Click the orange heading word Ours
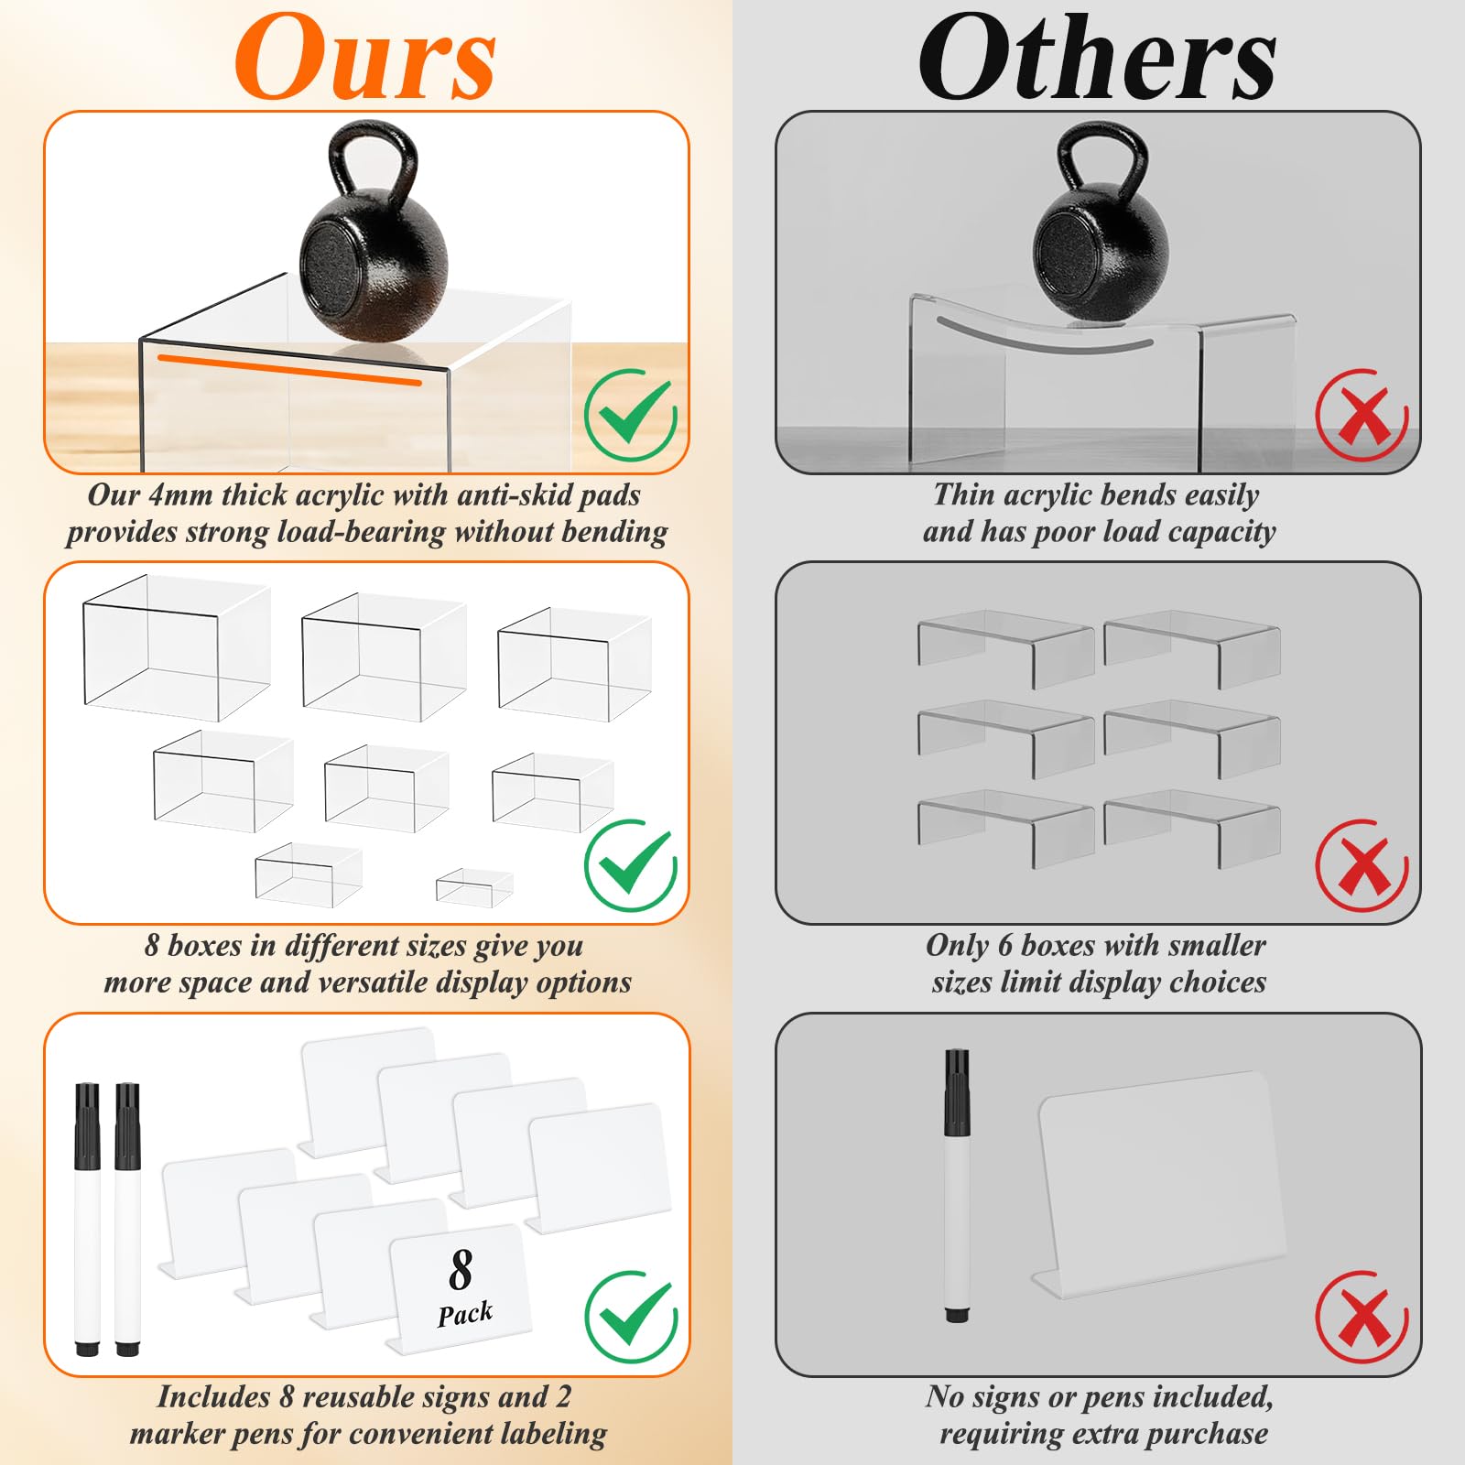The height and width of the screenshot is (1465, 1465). tap(364, 57)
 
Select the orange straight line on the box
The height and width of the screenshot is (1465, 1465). tap(289, 370)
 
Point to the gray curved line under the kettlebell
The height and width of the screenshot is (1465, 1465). tap(1045, 337)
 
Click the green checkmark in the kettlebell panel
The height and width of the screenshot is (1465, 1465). tap(631, 415)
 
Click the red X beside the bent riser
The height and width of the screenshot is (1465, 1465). tap(1362, 415)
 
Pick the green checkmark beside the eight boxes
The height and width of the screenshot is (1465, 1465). tap(631, 865)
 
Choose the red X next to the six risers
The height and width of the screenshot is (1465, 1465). tap(1362, 865)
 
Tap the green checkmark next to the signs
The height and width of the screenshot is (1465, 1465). tap(631, 1317)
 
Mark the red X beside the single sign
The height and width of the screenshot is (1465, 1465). tap(1362, 1317)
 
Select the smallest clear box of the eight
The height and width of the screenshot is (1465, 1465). tap(474, 888)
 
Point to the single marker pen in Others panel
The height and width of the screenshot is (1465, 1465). tap(957, 1186)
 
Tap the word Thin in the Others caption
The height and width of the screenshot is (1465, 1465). tap(964, 494)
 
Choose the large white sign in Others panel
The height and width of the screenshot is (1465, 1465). tap(1161, 1183)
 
